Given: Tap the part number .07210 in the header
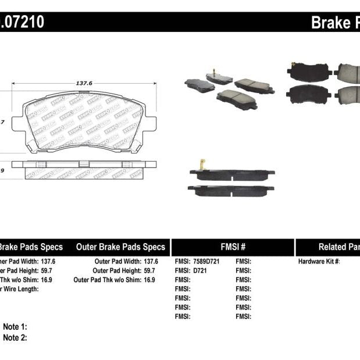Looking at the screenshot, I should [21, 23].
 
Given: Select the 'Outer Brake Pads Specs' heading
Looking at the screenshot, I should [120, 247].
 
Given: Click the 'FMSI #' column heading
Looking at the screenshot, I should [233, 247].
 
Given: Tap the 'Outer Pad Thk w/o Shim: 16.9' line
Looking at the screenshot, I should [115, 280].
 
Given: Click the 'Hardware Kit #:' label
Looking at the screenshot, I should [319, 262].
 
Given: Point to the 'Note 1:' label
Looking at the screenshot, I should [15, 327].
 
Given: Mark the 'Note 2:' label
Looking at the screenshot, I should [15, 337].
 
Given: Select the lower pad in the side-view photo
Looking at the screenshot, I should [231, 190].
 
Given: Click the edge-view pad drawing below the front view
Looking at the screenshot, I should [84, 169].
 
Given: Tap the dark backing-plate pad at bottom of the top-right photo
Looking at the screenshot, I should [308, 93].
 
